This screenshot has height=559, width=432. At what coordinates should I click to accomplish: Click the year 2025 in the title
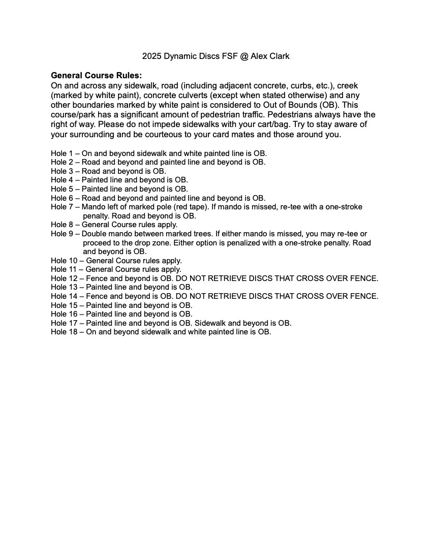[151, 56]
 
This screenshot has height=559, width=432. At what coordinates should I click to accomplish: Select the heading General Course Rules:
[96, 75]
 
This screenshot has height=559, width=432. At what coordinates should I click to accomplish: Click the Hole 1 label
[62, 153]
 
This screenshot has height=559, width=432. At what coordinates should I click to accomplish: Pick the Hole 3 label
[62, 171]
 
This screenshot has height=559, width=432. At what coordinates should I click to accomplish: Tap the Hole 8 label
[62, 225]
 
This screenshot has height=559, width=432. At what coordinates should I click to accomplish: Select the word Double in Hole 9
[94, 234]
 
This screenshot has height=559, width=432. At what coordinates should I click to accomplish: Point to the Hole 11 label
[64, 269]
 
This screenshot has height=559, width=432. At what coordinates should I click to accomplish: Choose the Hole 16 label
[64, 314]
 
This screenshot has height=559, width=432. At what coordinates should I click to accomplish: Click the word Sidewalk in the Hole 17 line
[210, 323]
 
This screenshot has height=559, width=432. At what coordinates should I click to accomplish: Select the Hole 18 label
[64, 332]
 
